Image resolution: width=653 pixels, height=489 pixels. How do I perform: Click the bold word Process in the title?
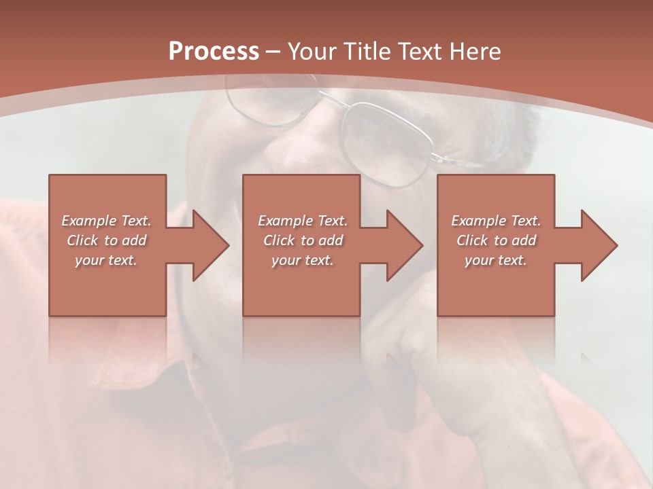(214, 52)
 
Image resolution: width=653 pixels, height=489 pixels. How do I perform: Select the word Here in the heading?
(476, 52)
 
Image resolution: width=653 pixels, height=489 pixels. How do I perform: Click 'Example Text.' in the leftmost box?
(107, 221)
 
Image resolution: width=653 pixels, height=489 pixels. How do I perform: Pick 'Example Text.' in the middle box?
(303, 221)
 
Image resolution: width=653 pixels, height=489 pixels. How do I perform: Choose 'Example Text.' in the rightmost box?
(496, 221)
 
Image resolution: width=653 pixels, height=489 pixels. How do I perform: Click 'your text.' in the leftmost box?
(106, 260)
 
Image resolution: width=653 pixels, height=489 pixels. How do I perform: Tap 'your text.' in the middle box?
(303, 260)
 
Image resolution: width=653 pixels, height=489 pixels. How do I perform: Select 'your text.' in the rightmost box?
(496, 260)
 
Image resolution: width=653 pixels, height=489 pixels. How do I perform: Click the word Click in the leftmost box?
(82, 240)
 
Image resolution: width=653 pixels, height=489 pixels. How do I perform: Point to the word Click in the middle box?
(279, 240)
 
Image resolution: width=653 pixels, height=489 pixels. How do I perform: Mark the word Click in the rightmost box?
(472, 240)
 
